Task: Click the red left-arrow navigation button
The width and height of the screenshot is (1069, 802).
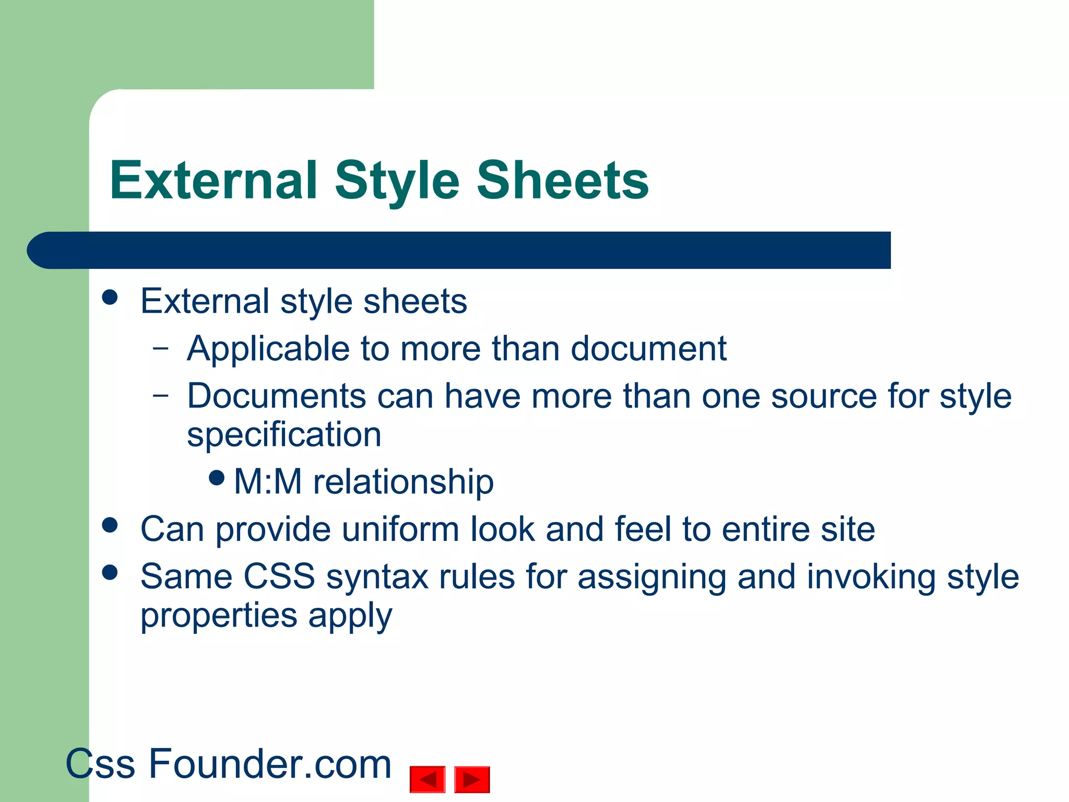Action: [x=427, y=780]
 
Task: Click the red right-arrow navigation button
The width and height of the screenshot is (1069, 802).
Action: [x=472, y=780]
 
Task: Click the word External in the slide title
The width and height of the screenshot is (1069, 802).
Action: [x=213, y=181]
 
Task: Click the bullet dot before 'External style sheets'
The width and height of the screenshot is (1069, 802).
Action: [x=110, y=298]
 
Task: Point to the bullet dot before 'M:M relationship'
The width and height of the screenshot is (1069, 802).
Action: [x=216, y=477]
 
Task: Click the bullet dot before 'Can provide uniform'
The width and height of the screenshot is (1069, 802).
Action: [x=110, y=525]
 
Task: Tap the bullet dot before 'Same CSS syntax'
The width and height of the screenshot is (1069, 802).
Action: [x=110, y=573]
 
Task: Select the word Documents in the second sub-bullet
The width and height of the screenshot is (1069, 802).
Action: [x=277, y=396]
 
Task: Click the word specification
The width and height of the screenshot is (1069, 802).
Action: [x=284, y=435]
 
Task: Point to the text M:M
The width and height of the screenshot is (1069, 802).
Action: [x=268, y=481]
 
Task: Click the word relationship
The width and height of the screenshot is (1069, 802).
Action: [x=403, y=481]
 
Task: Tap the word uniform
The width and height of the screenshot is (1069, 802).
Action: [x=400, y=529]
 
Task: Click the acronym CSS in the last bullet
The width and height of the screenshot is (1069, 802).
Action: [x=279, y=577]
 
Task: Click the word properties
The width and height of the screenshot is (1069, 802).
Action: [x=218, y=616]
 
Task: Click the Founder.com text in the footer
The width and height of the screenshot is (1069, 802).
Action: [x=270, y=764]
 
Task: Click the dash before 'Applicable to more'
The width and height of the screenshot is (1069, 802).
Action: [x=161, y=347]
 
